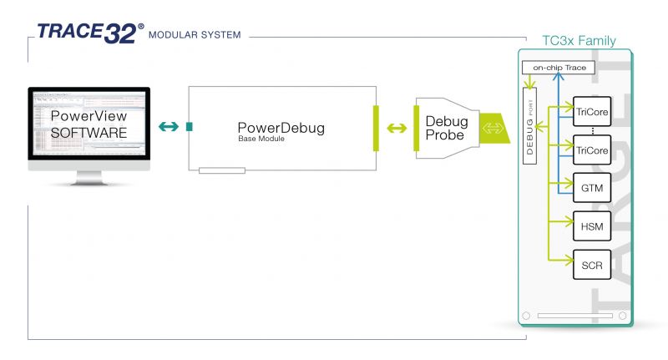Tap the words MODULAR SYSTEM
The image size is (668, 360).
[x=195, y=36]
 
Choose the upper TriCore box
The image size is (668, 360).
[x=591, y=111]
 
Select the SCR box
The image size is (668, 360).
[x=591, y=264]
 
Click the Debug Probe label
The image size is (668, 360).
[x=447, y=128]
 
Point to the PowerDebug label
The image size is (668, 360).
[x=281, y=128]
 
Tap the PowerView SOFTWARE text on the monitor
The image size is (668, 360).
[x=89, y=124]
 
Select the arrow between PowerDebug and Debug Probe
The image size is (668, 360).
[x=397, y=129]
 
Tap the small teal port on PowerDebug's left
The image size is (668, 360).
[x=190, y=127]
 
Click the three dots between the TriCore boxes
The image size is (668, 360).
[x=591, y=129]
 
